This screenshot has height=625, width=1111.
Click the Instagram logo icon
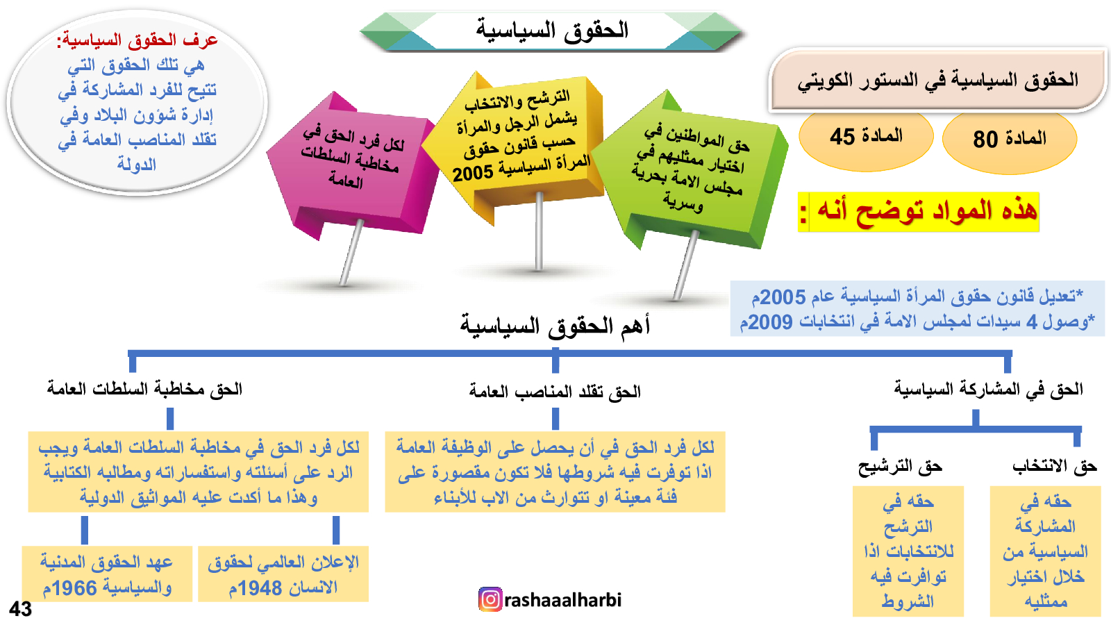pyautogui.click(x=490, y=600)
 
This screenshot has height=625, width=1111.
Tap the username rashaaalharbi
pyautogui.click(x=563, y=600)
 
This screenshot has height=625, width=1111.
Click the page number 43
pyautogui.click(x=20, y=608)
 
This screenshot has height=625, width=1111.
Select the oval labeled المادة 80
pyautogui.click(x=1010, y=139)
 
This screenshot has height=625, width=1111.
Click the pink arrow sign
pyautogui.click(x=352, y=164)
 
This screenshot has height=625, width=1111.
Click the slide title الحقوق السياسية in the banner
pyautogui.click(x=552, y=31)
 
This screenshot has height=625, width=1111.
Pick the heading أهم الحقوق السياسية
pyautogui.click(x=555, y=326)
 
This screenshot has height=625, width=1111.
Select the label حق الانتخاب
pyautogui.click(x=1055, y=466)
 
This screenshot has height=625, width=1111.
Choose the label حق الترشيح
pyautogui.click(x=900, y=466)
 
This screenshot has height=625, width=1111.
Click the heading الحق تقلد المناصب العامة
pyautogui.click(x=555, y=392)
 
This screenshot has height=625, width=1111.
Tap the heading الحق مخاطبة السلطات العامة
pyautogui.click(x=144, y=389)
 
